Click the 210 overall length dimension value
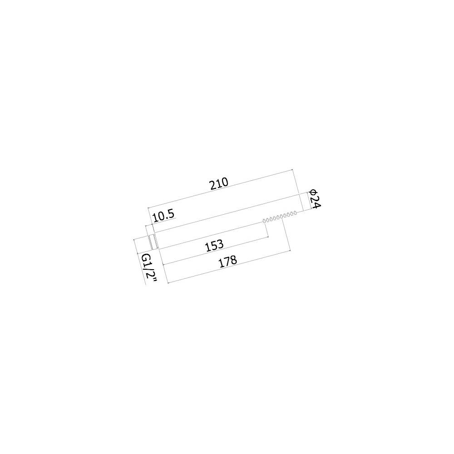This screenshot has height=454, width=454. tap(219, 183)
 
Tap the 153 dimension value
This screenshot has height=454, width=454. tap(215, 246)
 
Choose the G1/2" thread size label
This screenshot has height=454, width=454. tap(149, 268)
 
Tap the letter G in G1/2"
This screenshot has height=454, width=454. tap(146, 258)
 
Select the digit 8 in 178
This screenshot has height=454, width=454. tap(234, 260)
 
